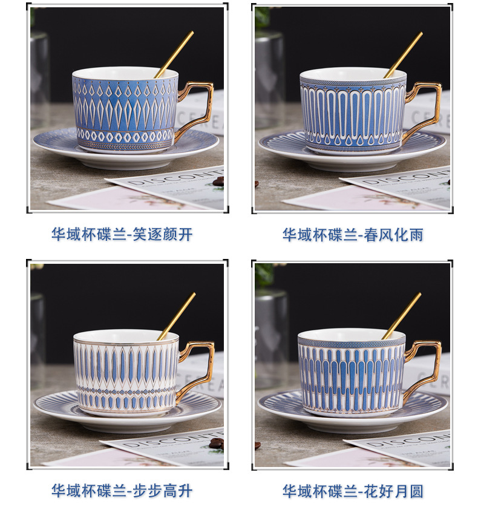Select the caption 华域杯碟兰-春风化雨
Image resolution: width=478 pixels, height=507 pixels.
click(x=353, y=234)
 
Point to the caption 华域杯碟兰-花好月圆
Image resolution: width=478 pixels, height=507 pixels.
click(x=353, y=489)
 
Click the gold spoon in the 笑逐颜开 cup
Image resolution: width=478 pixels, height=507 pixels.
click(x=175, y=53)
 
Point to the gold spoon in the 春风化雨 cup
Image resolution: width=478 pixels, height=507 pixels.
click(x=404, y=53)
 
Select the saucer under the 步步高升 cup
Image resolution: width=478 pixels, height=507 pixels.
click(x=51, y=402)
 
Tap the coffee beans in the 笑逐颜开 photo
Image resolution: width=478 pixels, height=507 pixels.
click(x=218, y=181)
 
